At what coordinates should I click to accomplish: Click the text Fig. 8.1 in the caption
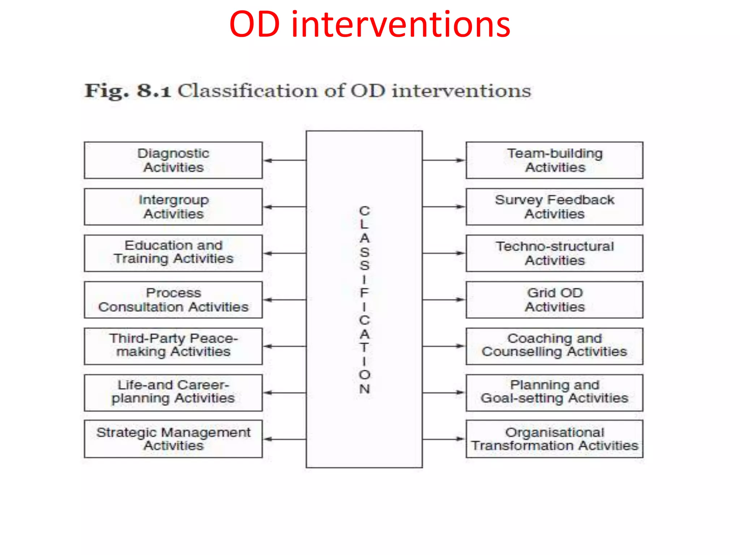coord(127,91)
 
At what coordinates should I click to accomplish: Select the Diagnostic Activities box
coord(173,160)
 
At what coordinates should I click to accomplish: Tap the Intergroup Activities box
coord(173,207)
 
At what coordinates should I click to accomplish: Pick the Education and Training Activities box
coord(173,253)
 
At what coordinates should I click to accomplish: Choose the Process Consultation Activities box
coord(173,300)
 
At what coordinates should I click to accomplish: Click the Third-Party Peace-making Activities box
coord(173,346)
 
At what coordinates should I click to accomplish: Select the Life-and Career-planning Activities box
coord(173,392)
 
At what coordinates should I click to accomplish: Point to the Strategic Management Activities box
coord(173,439)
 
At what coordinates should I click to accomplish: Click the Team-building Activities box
coord(554,160)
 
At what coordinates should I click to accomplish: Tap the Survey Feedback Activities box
coord(554,207)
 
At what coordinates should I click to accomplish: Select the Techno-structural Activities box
coord(554,253)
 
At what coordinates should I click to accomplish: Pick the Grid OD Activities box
coord(554,300)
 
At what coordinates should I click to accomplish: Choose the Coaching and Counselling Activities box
coord(554,346)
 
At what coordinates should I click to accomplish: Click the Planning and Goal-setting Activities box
coord(554,392)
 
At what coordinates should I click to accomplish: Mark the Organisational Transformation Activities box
coord(554,439)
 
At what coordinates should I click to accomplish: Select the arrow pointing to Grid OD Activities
coord(444,300)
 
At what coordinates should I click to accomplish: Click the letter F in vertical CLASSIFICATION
coord(364,293)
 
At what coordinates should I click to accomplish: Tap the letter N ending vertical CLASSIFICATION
coord(364,389)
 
